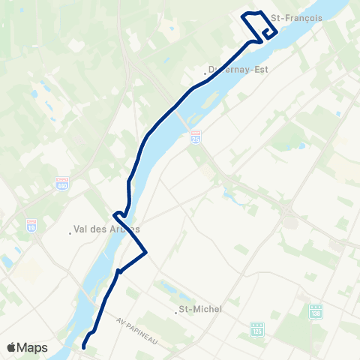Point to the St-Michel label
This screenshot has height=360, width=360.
197,308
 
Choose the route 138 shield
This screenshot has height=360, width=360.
316,310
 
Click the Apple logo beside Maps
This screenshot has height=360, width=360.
11,347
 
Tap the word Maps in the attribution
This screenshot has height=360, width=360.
32,347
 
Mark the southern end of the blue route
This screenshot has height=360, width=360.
84,346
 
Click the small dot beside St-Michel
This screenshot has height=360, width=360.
176,309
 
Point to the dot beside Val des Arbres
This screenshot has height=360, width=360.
70,232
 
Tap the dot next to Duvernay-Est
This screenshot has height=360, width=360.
205,73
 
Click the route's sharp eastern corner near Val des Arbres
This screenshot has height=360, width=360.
145,252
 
